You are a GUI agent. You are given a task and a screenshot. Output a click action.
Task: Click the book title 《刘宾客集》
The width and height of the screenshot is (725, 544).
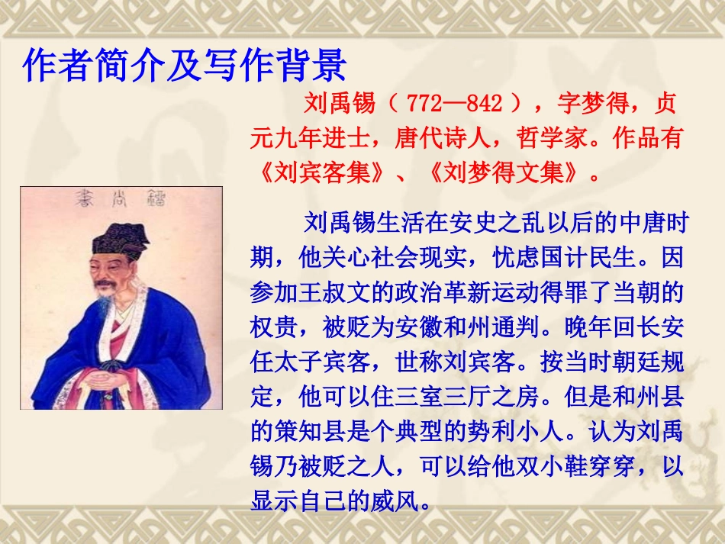coord(321,173)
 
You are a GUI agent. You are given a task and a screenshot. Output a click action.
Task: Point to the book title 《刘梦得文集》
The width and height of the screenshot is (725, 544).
coord(504,173)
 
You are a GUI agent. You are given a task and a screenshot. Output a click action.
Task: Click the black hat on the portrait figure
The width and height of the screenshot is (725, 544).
coord(121,242)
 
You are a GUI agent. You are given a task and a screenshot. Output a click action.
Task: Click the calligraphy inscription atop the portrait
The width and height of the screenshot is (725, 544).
coord(122,201)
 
